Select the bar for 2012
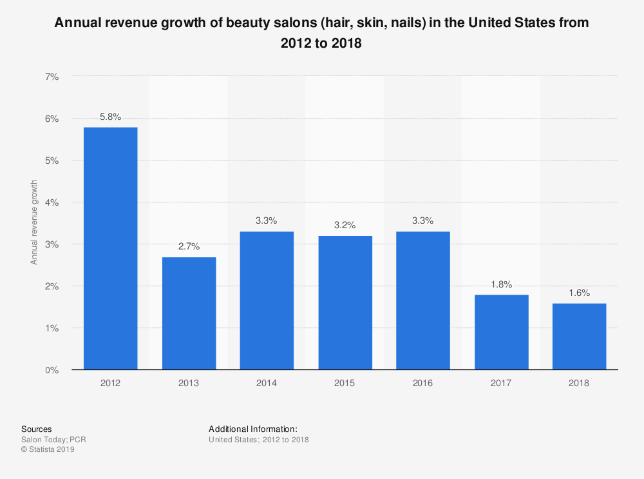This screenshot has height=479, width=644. [110, 248]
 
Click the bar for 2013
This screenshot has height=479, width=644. [189, 313]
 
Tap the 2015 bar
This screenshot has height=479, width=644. [345, 303]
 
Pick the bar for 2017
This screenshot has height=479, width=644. [501, 332]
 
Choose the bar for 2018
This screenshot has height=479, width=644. [579, 337]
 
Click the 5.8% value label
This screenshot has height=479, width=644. [110, 117]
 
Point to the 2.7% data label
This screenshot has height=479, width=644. [189, 246]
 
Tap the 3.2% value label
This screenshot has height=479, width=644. [345, 226]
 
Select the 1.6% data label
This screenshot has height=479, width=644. [579, 293]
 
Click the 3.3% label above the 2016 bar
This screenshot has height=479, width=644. [423, 220]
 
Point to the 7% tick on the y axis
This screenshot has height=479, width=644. [52, 77]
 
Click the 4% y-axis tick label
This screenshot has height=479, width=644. [52, 202]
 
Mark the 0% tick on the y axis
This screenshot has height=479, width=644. [52, 370]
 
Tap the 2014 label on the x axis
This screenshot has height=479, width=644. [267, 383]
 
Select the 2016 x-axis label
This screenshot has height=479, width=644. [423, 383]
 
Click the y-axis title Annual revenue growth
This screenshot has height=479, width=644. [34, 223]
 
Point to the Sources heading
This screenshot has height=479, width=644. [37, 429]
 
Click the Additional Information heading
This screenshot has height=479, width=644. [253, 429]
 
